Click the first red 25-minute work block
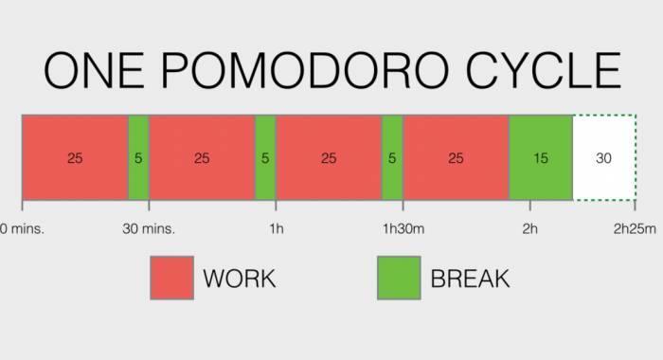pos(75,158)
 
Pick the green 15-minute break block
pos(540,158)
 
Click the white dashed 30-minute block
pos(603,158)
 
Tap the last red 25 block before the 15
pos(456,158)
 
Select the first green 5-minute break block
pos(138,158)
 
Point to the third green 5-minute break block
pos(392,158)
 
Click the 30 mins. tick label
pos(150,228)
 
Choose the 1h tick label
pos(276,228)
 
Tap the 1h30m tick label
pos(403,228)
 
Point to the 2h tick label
pos(529,228)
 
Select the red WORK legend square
pos(171,278)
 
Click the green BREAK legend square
pos(399,278)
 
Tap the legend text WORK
pos(239,279)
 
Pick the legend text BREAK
pos(470,279)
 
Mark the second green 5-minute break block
pos(265,158)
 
